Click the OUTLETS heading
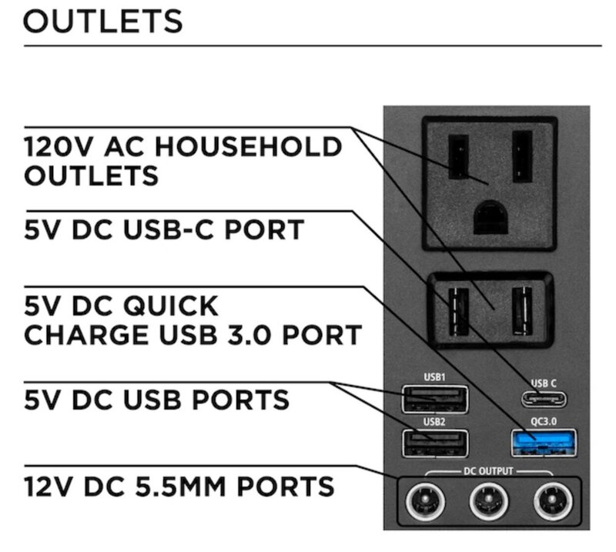click(103, 21)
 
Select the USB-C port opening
click(544, 398)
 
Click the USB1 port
click(435, 399)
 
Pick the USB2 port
click(435, 443)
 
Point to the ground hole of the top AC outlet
click(490, 216)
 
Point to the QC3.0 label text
click(544, 422)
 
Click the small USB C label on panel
click(544, 382)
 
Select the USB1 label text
click(435, 377)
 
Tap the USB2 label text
click(435, 422)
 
